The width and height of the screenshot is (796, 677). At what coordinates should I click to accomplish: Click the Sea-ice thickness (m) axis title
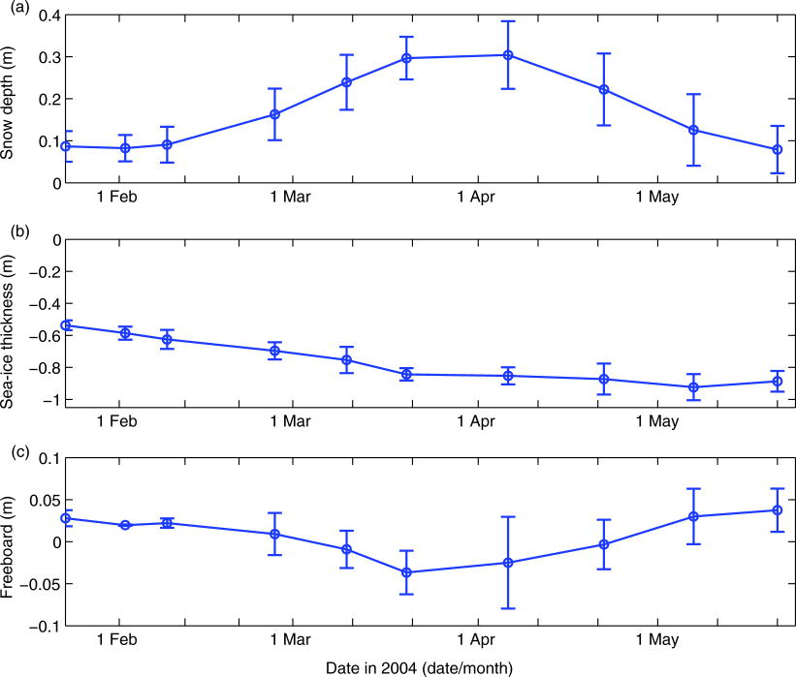(x=13, y=320)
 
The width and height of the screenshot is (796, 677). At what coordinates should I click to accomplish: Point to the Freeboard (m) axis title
(x=13, y=540)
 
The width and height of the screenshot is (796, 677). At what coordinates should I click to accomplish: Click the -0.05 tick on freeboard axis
(x=36, y=584)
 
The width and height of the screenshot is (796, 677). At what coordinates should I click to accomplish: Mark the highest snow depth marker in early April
(x=507, y=55)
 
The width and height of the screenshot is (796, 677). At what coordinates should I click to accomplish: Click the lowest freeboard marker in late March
(x=406, y=572)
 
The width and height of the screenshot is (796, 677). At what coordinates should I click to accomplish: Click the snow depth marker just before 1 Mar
(x=274, y=114)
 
